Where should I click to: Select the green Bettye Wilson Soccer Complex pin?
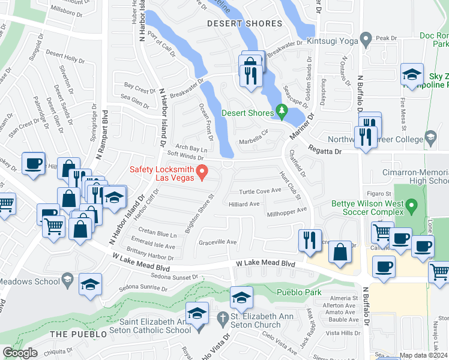point(411,208)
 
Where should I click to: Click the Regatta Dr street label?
point(325,152)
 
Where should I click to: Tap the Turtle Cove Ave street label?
point(260,191)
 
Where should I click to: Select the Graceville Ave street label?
point(218,242)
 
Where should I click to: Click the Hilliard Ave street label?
point(244,204)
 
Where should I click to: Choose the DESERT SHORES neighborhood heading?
point(244,24)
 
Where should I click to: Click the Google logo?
point(20,353)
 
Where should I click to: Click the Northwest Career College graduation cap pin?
point(430,138)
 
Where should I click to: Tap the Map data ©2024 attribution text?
point(423,355)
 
